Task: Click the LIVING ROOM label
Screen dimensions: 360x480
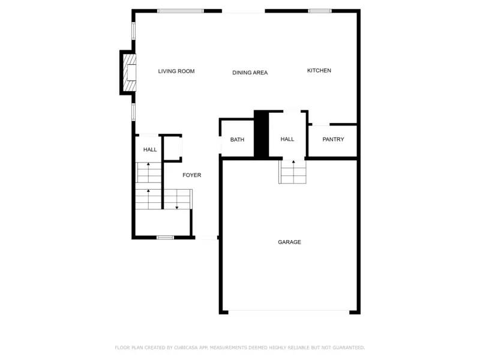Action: [176, 71]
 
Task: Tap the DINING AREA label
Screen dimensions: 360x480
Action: [250, 73]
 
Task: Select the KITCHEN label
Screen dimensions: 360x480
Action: [319, 71]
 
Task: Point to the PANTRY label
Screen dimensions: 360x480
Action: [333, 140]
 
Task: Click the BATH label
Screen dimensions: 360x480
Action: [237, 140]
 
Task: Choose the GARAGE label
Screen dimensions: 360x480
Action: [289, 242]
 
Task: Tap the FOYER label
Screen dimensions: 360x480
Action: [192, 175]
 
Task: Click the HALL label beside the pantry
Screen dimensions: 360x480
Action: [287, 139]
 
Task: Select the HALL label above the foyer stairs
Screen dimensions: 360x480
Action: [150, 149]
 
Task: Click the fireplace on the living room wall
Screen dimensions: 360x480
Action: [128, 73]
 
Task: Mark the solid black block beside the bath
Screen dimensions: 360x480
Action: [261, 134]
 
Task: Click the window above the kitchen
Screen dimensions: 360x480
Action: [320, 11]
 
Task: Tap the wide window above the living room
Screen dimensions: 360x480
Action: [181, 11]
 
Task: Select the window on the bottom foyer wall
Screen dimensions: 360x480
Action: [165, 238]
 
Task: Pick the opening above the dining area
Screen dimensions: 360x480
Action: [243, 11]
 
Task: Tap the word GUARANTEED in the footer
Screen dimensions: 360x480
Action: [346, 347]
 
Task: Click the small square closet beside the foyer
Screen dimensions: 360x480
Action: [173, 148]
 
